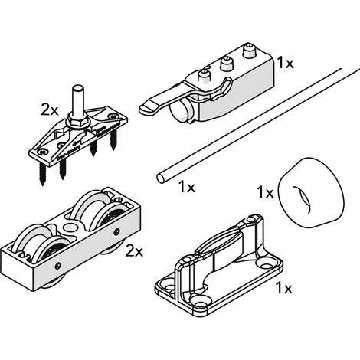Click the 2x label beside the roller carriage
point(134,252)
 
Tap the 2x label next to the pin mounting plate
point(50,110)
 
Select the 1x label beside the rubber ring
point(265,192)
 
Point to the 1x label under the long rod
point(187,187)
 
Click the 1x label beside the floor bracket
point(283,288)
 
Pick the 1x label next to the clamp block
point(286,63)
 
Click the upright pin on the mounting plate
point(78,100)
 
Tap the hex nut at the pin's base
point(78,119)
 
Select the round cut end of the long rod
point(161,178)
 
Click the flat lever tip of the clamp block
point(148,108)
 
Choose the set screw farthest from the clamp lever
point(248,51)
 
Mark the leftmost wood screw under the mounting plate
point(42,174)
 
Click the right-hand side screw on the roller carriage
point(116,232)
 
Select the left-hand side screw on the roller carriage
point(58,265)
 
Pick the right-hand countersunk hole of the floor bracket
point(267,265)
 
